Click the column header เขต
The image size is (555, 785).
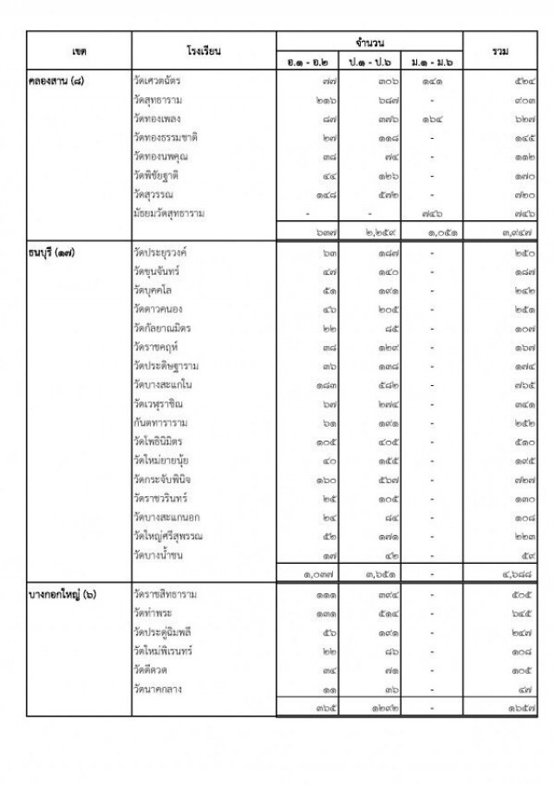click(x=79, y=52)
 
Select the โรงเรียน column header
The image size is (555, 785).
click(x=204, y=52)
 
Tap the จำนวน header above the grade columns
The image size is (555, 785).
click(x=370, y=42)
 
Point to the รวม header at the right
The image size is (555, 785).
click(x=499, y=52)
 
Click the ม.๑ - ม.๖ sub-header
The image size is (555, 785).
click(x=432, y=62)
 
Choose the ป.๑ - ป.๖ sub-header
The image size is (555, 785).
click(x=370, y=62)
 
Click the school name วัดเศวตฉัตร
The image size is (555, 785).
click(x=163, y=81)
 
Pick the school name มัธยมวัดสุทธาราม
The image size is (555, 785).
click(x=174, y=213)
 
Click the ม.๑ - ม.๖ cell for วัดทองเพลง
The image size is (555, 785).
click(x=432, y=119)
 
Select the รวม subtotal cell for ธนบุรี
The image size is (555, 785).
click(x=498, y=572)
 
